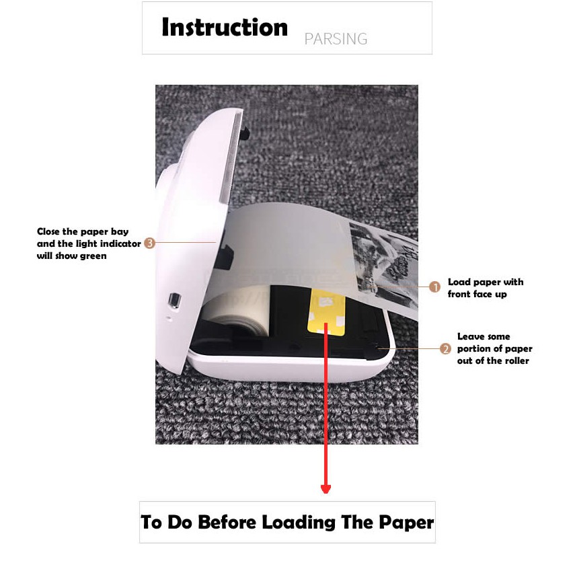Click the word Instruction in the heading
click(225, 28)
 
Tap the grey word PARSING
click(336, 39)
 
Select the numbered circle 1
click(434, 287)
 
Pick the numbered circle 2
click(445, 348)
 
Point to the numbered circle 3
click(149, 243)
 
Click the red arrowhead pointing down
click(326, 489)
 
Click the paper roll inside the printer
click(237, 311)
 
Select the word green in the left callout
click(93, 256)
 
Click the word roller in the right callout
click(515, 360)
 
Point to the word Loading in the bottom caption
click(299, 522)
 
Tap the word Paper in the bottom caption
click(406, 522)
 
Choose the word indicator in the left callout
click(120, 243)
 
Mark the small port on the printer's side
click(174, 301)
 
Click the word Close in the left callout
click(48, 231)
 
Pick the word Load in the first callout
click(459, 282)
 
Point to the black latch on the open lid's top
click(245, 132)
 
